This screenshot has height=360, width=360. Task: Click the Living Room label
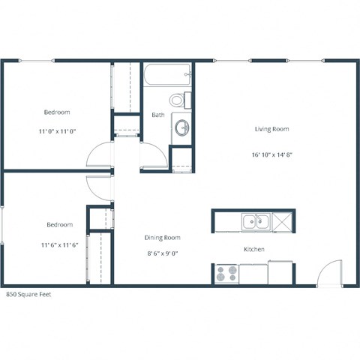pyautogui.click(x=271, y=129)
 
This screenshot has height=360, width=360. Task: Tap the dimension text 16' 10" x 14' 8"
pyautogui.click(x=271, y=155)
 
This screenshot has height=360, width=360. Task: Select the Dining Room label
pyautogui.click(x=163, y=238)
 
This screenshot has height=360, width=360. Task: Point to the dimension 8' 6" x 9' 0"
pyautogui.click(x=163, y=253)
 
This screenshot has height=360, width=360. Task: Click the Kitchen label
pyautogui.click(x=253, y=249)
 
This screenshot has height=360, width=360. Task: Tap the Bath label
pyautogui.click(x=158, y=115)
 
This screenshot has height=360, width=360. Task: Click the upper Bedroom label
pyautogui.click(x=57, y=112)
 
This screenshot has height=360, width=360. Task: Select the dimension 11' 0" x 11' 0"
pyautogui.click(x=57, y=131)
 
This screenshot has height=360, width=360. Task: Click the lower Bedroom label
pyautogui.click(x=60, y=225)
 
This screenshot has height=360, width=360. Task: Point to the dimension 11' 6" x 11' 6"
pyautogui.click(x=60, y=244)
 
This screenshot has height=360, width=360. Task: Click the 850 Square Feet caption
pyautogui.click(x=29, y=295)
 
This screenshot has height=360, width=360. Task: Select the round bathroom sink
pyautogui.click(x=182, y=128)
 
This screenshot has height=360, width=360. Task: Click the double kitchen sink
pyautogui.click(x=256, y=221)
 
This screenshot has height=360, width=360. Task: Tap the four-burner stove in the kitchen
pyautogui.click(x=226, y=273)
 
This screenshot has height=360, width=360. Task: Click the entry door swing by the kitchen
pyautogui.click(x=328, y=274)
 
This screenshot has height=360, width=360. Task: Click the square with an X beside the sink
pyautogui.click(x=282, y=221)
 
